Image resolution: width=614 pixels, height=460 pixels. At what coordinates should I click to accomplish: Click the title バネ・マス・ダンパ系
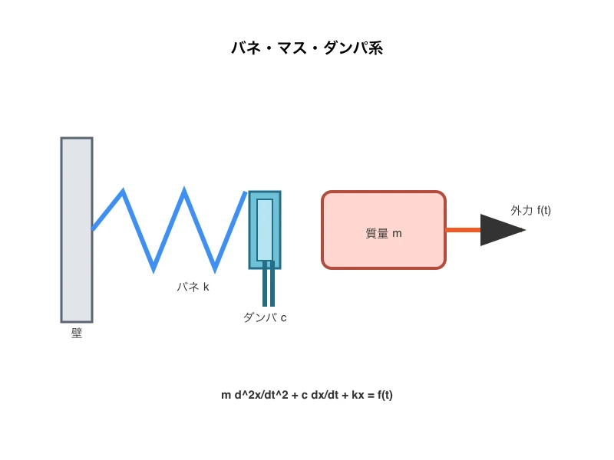[x=307, y=48]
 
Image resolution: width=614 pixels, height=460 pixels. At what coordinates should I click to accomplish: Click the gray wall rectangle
[x=77, y=230]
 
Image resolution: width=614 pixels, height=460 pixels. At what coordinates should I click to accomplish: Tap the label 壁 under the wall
[x=77, y=333]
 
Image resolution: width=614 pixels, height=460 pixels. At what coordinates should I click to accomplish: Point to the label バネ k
[x=193, y=287]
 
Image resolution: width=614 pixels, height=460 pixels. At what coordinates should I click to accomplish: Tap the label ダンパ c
[x=265, y=317]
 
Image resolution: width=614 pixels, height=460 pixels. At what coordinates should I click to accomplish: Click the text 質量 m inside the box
[x=384, y=233]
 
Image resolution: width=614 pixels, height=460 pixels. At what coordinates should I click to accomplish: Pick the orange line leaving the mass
[x=464, y=230]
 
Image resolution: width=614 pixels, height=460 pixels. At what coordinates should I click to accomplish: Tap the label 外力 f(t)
[x=531, y=210]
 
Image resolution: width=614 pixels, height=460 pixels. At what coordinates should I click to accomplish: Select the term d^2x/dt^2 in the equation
[x=261, y=395]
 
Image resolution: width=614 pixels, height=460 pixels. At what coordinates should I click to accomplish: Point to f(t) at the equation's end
[x=381, y=395]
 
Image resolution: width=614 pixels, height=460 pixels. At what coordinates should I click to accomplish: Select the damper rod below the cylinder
[x=269, y=287]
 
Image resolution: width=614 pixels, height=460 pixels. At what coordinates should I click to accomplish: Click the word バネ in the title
[x=246, y=48]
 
